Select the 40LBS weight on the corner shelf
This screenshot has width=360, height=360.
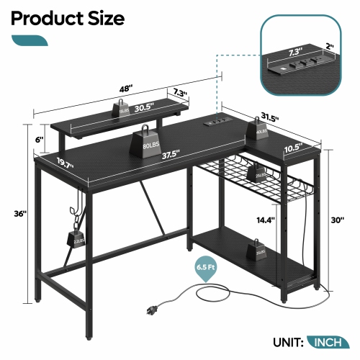pyautogui.click(x=261, y=131)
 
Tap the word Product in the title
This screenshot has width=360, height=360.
pyautogui.click(x=41, y=18)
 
